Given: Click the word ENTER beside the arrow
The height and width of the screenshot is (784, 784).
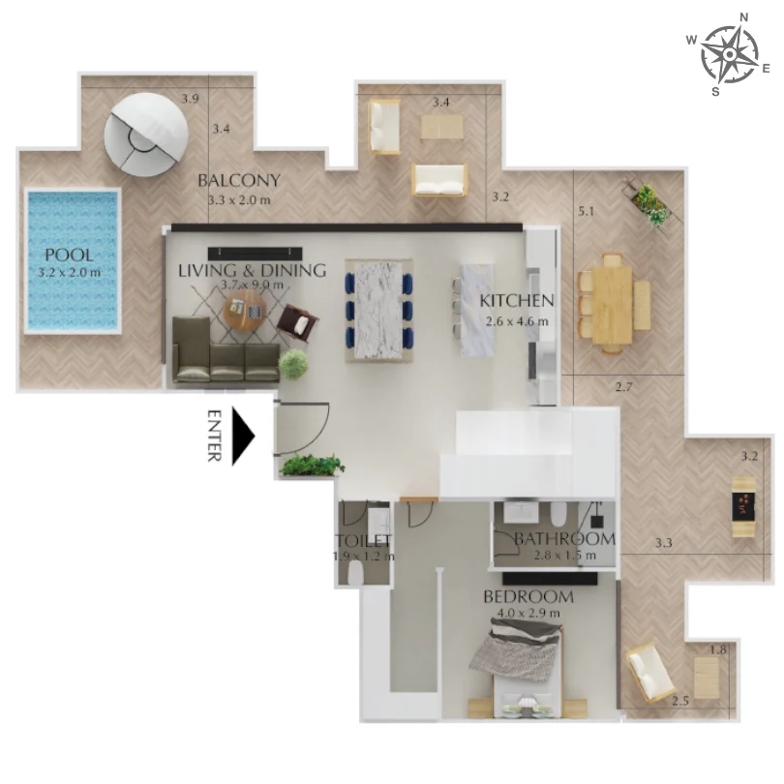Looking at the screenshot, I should pos(215,437).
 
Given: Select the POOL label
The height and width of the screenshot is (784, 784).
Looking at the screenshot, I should pos(69,256).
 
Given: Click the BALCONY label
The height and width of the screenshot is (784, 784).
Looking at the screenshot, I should pos(239,180).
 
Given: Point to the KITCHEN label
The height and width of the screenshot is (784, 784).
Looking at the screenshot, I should pos(517,301).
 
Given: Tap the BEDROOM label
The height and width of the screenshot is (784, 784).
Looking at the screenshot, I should pos(528,597).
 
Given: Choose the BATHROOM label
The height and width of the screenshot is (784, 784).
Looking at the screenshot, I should pos(564,538).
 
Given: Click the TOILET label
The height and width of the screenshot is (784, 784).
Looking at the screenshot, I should pos(363,541).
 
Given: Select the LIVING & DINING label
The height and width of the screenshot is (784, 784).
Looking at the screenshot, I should pos(252,270).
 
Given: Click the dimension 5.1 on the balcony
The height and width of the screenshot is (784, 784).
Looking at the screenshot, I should pos(585,210).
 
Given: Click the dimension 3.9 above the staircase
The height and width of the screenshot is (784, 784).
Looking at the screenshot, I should pos(190,99).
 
